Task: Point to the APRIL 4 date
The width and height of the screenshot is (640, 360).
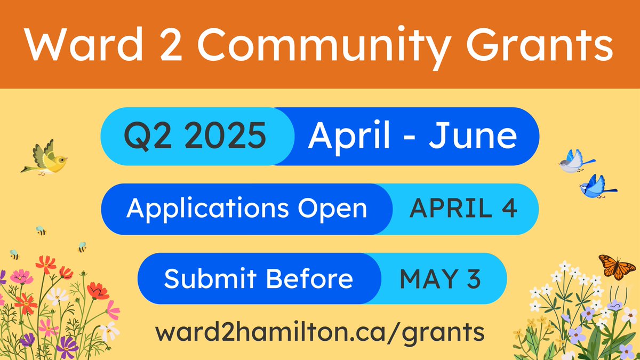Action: pyautogui.click(x=463, y=209)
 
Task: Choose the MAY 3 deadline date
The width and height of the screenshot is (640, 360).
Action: pyautogui.click(x=441, y=279)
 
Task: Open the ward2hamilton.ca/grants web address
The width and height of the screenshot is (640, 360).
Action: pyautogui.click(x=320, y=332)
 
